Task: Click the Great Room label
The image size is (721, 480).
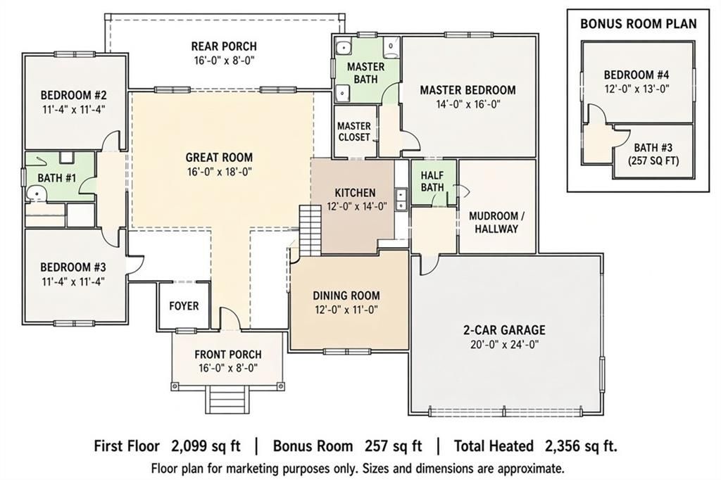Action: [x=219, y=157]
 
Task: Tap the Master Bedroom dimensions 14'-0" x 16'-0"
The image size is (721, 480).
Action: [x=468, y=104]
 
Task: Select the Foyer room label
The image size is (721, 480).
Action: [x=184, y=305]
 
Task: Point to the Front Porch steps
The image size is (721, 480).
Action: [x=229, y=400]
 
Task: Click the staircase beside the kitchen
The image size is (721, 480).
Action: [x=310, y=230]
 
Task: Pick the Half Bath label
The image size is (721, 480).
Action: [x=432, y=181]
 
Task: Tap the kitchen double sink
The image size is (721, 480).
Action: [x=401, y=200]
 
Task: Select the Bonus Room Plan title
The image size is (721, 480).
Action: [x=638, y=23]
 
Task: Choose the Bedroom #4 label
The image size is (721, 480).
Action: [x=637, y=75]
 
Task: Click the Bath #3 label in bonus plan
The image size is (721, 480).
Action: [x=653, y=148]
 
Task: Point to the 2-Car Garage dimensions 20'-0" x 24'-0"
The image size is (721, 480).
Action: [x=504, y=344]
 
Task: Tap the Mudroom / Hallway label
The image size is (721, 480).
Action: [x=496, y=222]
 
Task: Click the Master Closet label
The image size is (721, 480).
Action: [x=354, y=132]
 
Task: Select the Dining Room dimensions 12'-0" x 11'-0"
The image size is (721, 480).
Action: [x=346, y=310]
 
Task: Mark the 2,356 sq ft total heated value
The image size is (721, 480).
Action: [x=581, y=446]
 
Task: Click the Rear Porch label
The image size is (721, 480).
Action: [x=224, y=46]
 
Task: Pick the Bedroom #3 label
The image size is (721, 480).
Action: [x=73, y=267]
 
